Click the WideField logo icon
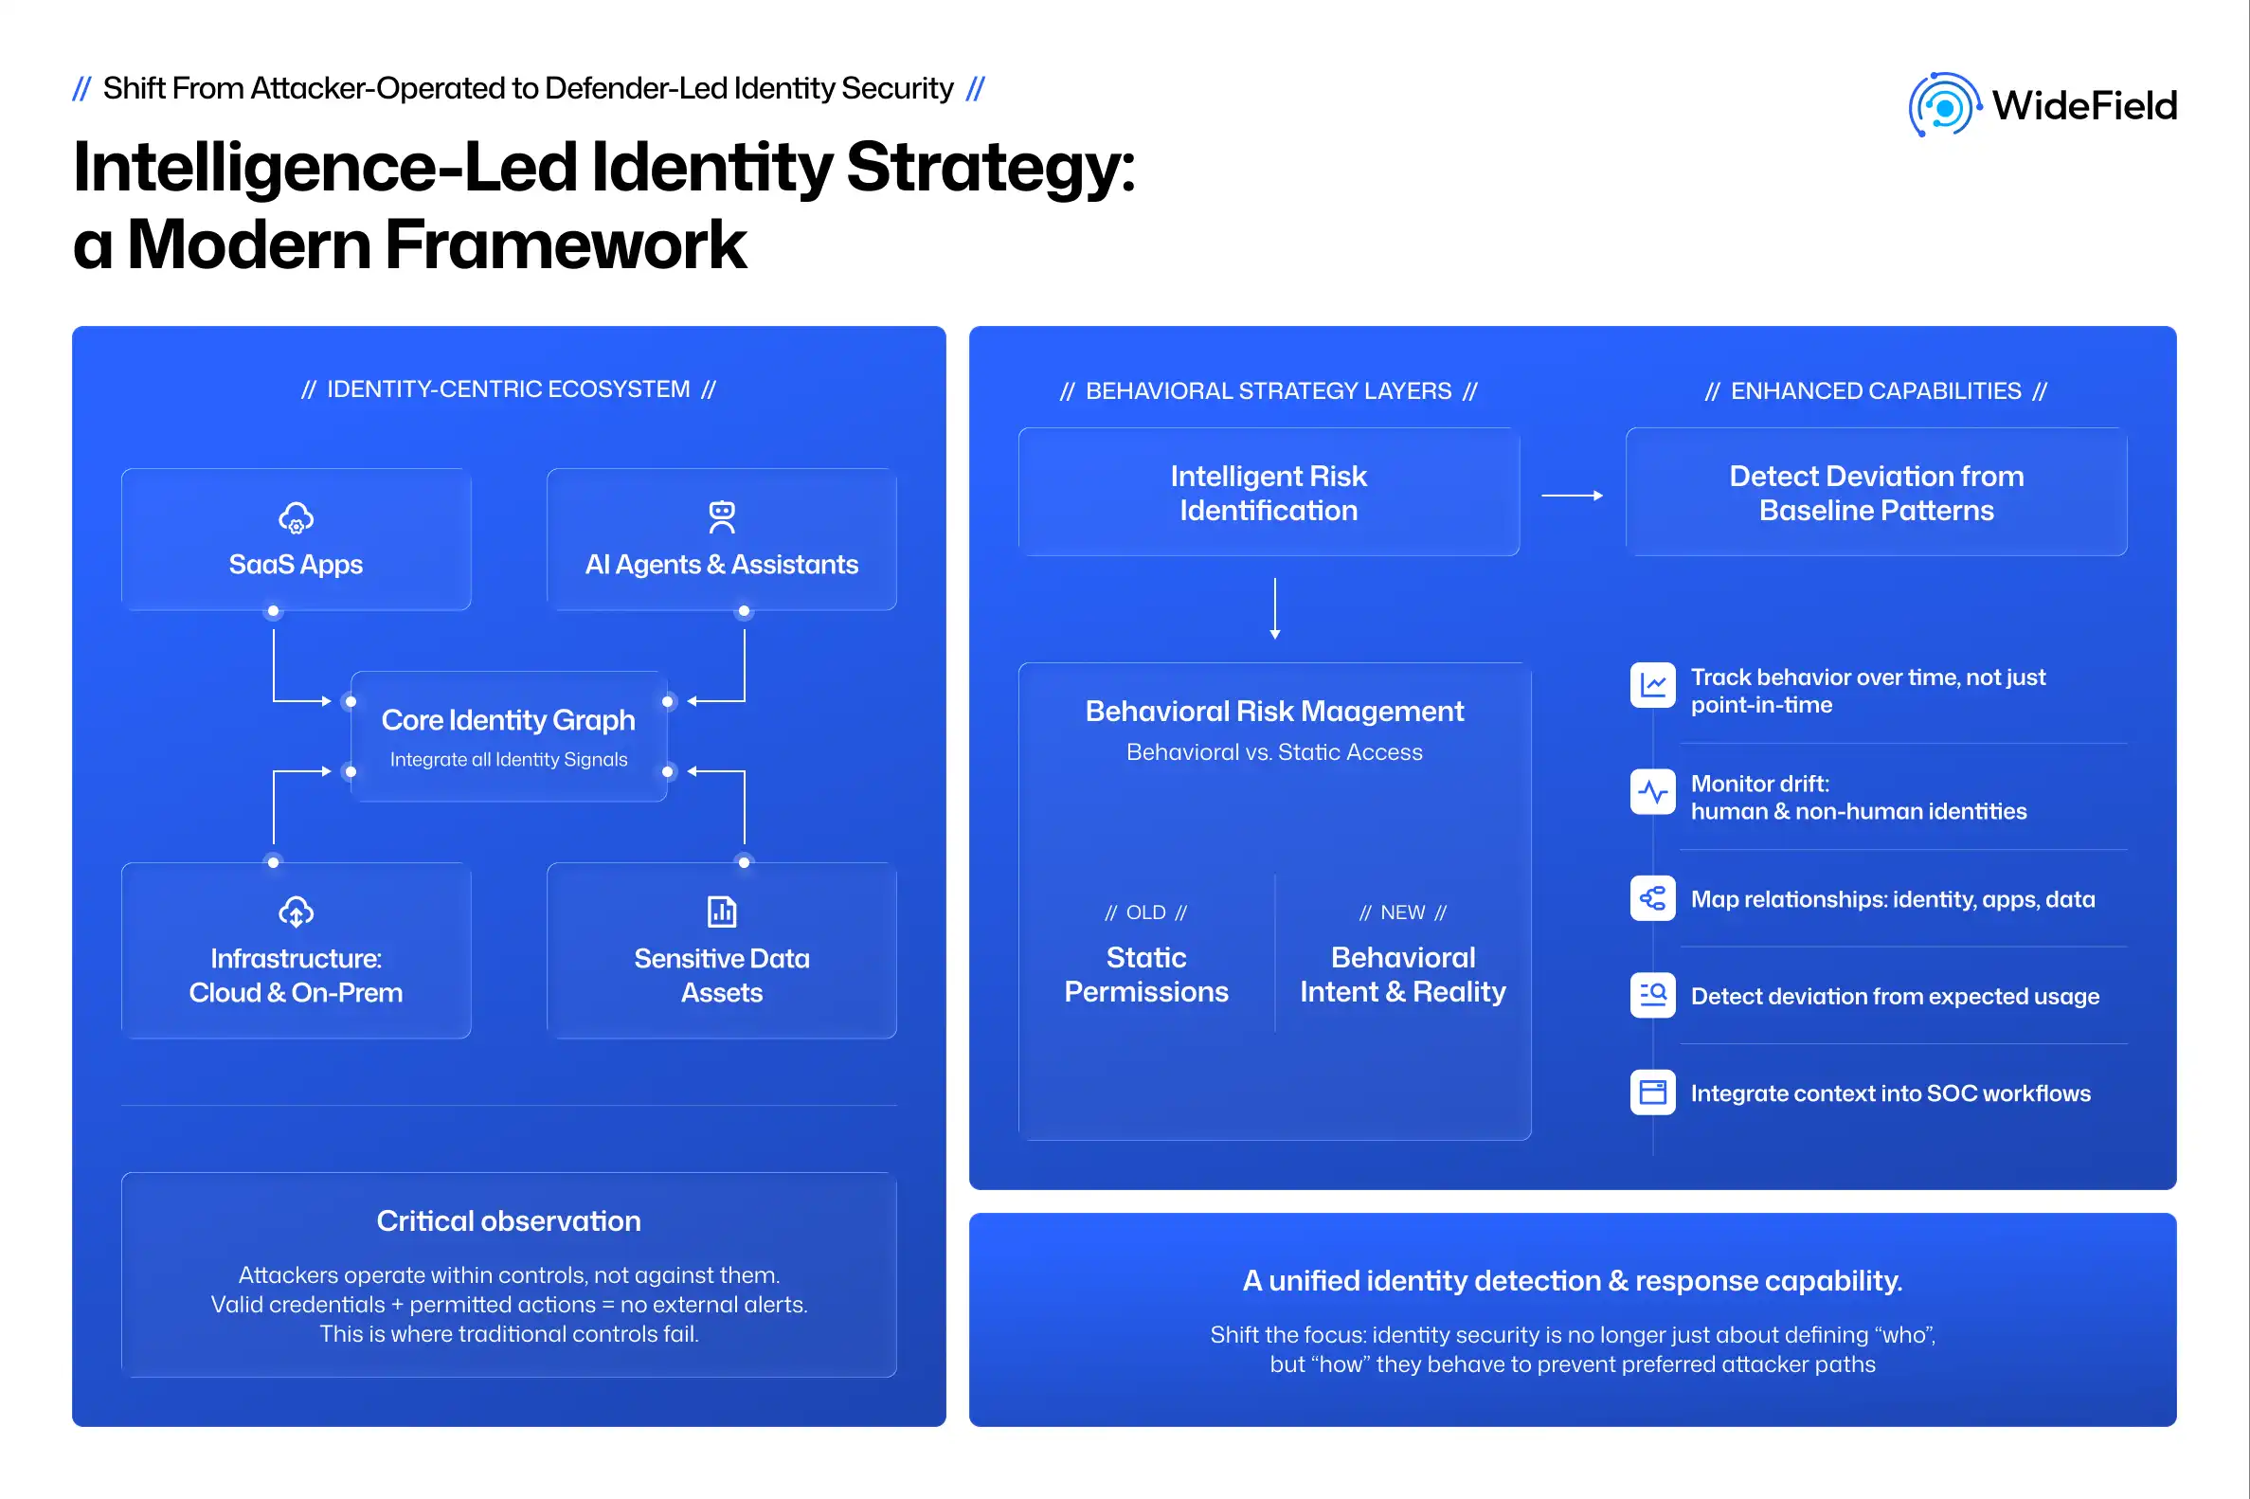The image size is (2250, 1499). point(1943,105)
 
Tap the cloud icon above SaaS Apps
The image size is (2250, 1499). point(296,518)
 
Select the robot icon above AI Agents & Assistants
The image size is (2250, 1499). point(722,516)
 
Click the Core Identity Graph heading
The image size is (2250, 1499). point(508,720)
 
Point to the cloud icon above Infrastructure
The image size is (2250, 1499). point(296,912)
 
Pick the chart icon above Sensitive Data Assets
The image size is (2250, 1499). point(722,912)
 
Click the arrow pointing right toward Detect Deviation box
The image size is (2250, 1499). point(1572,496)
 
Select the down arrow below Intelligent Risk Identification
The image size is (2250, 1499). point(1274,608)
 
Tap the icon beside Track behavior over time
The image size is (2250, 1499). point(1652,685)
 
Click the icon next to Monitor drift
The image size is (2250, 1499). point(1652,791)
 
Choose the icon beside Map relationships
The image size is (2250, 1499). point(1652,898)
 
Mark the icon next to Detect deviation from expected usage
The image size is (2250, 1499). point(1652,995)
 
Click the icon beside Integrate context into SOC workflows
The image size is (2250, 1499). point(1652,1092)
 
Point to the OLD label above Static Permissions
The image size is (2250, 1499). point(1145,913)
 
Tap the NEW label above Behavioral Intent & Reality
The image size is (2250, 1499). point(1402,913)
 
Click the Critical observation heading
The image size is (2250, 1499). point(508,1220)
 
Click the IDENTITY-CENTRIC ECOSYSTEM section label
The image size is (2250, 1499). point(508,389)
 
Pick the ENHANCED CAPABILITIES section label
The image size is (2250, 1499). point(1876,391)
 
